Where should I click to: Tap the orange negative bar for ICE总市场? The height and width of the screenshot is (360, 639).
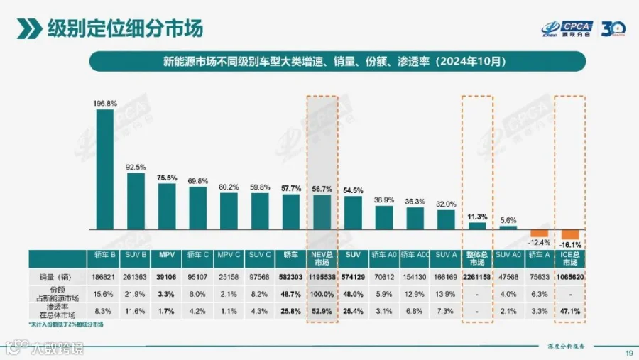click(x=570, y=234)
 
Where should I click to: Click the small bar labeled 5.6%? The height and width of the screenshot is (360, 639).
click(x=508, y=227)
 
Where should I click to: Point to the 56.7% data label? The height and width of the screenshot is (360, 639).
click(x=322, y=189)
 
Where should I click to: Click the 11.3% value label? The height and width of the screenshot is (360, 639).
click(x=476, y=216)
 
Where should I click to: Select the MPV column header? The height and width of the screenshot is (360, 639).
click(x=167, y=254)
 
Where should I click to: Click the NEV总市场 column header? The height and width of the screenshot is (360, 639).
click(x=322, y=258)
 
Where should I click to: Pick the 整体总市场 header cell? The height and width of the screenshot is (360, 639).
click(x=476, y=258)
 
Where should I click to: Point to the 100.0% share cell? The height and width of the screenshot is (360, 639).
click(x=322, y=294)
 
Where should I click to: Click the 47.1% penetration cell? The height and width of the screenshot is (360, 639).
click(x=570, y=311)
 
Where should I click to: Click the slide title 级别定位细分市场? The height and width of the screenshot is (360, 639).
click(x=126, y=28)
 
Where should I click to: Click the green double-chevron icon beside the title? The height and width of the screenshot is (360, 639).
click(x=29, y=28)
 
